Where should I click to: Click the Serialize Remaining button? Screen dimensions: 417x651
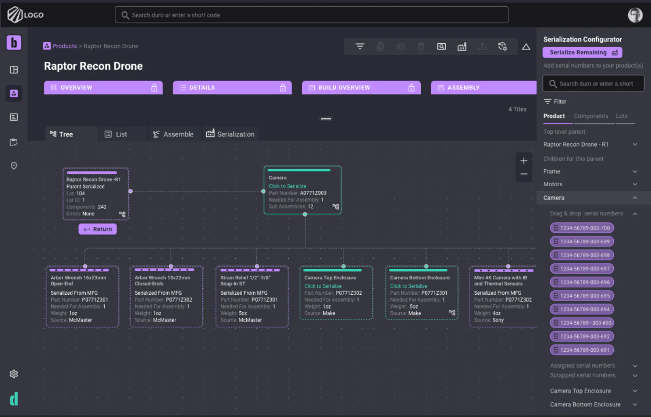point(582,53)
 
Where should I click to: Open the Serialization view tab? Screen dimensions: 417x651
point(230,134)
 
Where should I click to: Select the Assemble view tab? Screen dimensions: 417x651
point(173,134)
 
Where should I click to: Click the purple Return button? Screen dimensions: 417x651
point(98,229)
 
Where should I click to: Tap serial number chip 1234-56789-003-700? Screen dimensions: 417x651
point(582,228)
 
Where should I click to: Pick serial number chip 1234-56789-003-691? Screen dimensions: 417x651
point(582,350)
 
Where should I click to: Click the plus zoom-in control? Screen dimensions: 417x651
point(524,161)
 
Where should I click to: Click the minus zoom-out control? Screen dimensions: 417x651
point(524,174)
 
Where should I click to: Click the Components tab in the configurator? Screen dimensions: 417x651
point(591,116)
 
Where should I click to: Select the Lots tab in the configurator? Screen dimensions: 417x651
point(621,116)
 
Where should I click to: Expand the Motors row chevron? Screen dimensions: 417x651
point(635,184)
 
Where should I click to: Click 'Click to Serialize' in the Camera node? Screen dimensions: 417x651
point(287,186)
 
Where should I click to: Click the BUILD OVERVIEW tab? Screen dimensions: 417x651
point(361,88)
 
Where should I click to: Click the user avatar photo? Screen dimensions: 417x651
point(635,15)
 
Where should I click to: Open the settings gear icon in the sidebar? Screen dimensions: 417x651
point(14,374)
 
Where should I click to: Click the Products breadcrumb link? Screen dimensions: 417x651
point(64,46)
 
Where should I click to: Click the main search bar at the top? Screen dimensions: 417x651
point(311,15)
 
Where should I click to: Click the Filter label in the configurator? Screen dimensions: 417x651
point(560,102)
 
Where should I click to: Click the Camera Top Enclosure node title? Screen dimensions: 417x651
point(330,278)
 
